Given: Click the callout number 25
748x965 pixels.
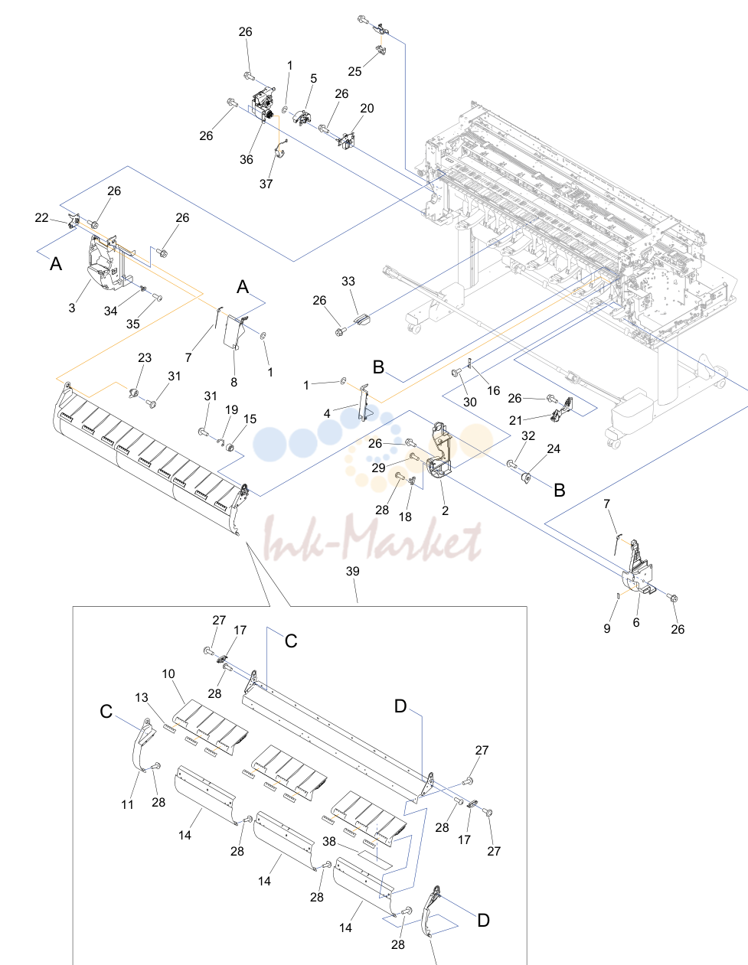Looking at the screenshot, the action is click(x=354, y=71).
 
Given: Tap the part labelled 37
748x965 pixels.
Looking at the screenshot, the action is click(x=280, y=150).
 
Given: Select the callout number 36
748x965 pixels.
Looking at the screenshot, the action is click(x=246, y=159).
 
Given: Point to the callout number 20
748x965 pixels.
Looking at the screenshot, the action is click(x=367, y=109).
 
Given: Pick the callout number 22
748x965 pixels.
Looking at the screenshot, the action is click(x=41, y=217).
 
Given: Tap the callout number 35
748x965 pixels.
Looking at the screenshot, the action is click(x=132, y=324).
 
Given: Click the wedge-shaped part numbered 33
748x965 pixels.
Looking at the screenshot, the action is click(x=362, y=319).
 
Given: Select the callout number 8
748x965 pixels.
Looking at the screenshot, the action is click(x=234, y=383).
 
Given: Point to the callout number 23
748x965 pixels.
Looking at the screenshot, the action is click(x=145, y=357).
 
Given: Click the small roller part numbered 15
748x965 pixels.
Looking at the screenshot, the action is click(x=230, y=447).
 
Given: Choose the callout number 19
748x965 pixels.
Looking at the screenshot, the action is click(x=231, y=410).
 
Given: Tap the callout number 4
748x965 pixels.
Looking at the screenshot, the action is click(x=327, y=413).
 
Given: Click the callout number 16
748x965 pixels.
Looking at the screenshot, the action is click(x=494, y=390).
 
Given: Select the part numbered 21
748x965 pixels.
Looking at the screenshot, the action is click(x=562, y=409).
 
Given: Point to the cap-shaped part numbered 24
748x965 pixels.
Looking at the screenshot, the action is click(x=526, y=478).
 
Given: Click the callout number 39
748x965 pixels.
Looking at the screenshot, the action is click(x=353, y=571).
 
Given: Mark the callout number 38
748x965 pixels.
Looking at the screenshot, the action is click(x=329, y=842).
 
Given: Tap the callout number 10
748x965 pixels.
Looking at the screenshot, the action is click(x=168, y=673).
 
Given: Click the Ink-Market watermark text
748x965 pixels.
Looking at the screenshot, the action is click(x=373, y=538).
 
